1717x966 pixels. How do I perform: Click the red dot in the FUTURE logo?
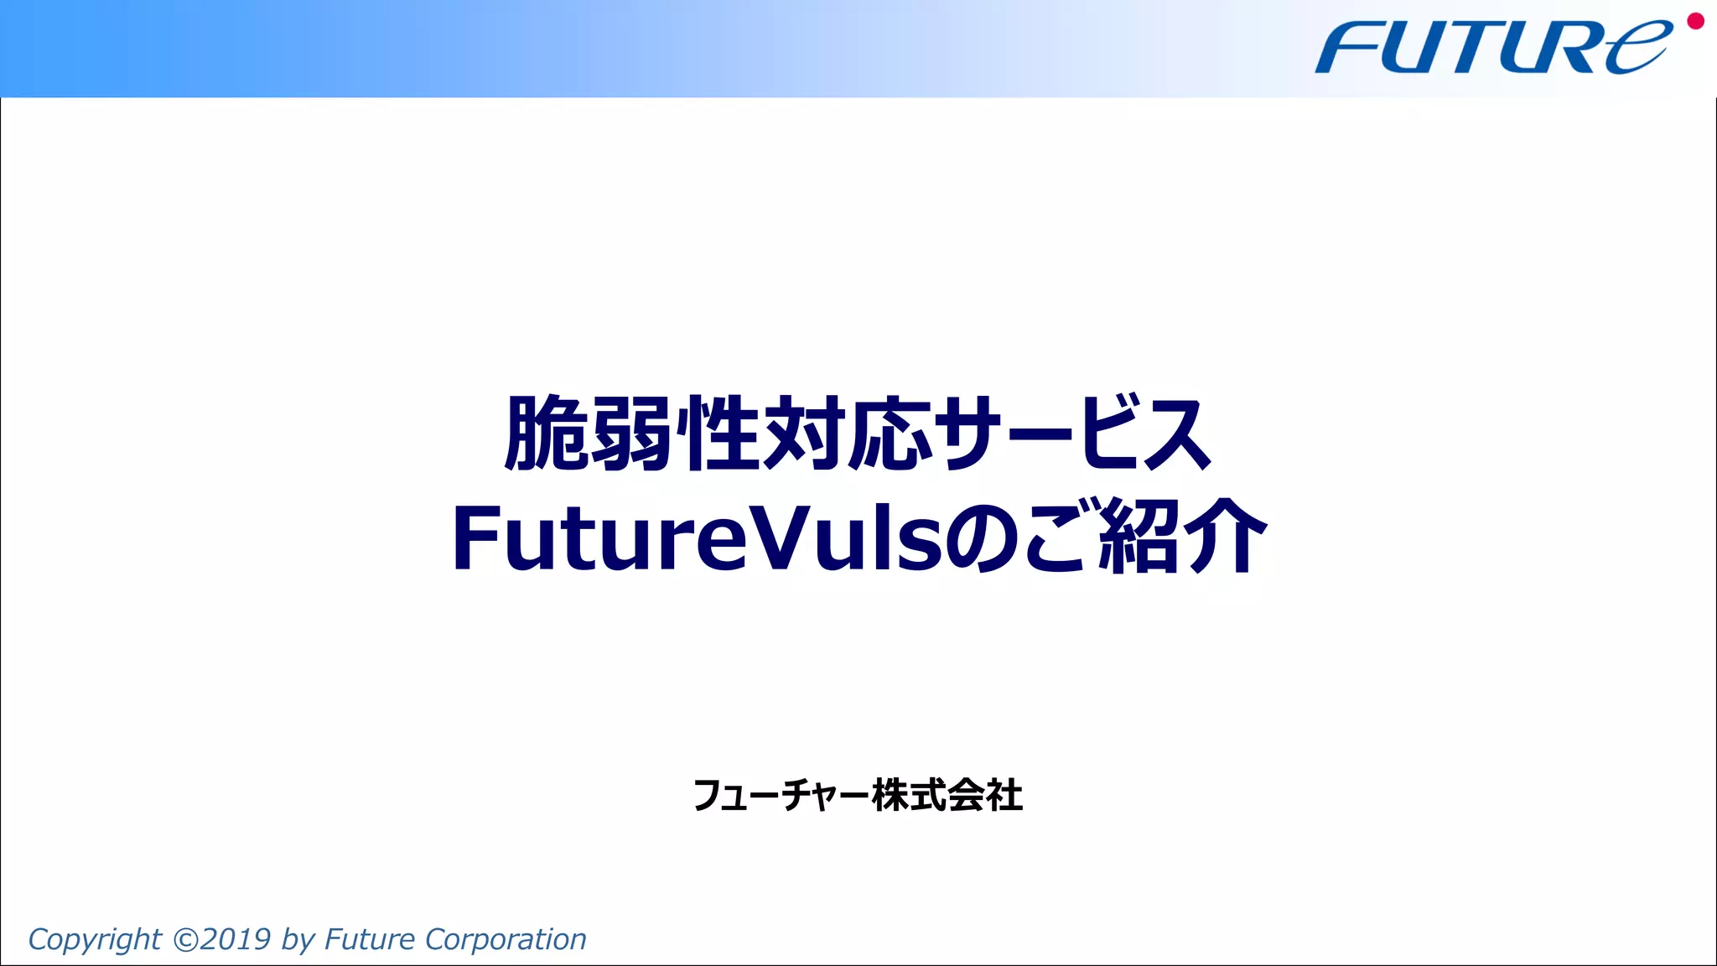(1695, 21)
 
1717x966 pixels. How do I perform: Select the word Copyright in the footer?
(95, 940)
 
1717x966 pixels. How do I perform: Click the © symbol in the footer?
(185, 939)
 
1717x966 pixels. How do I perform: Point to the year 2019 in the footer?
(236, 939)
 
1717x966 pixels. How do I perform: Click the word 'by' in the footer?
(298, 940)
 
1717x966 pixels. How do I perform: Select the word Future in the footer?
(370, 939)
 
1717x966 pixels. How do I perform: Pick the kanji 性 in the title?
(718, 434)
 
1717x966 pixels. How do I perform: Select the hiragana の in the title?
(983, 538)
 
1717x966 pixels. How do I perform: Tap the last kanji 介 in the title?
(1224, 538)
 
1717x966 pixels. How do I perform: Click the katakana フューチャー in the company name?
(781, 796)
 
